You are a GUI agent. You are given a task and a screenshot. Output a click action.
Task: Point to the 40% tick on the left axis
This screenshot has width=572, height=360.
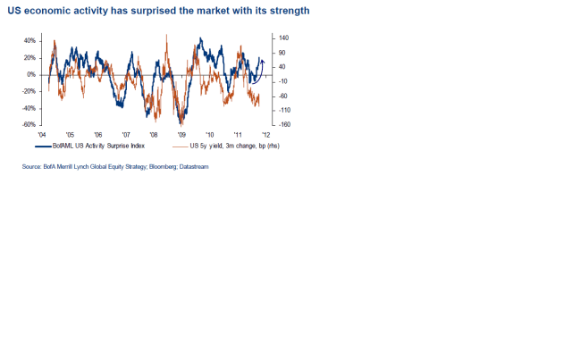[29, 41]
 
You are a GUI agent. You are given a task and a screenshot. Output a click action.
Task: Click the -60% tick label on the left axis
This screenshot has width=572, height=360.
[29, 124]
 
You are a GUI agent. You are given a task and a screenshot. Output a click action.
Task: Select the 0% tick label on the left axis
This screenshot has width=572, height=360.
[31, 74]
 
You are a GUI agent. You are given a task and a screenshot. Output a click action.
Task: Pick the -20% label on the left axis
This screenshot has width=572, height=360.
[29, 91]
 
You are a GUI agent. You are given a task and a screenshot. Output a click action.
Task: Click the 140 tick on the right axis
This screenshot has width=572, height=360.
[284, 38]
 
